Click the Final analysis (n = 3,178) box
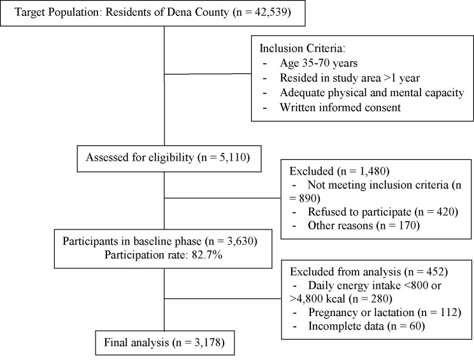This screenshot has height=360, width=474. point(164,344)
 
